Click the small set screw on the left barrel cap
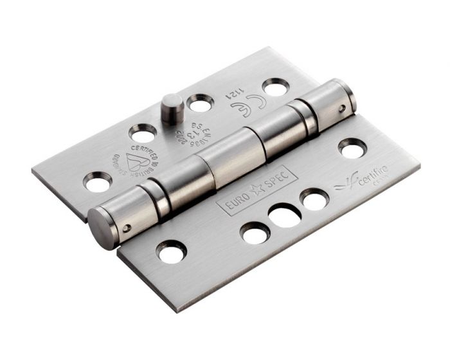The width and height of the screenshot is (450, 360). coord(129,227)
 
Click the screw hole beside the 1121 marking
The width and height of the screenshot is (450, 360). coord(275,87)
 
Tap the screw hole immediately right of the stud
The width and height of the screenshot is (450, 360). coord(201,102)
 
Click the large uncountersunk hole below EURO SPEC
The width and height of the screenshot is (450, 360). coord(283,215)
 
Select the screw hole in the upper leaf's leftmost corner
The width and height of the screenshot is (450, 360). coord(97,184)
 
